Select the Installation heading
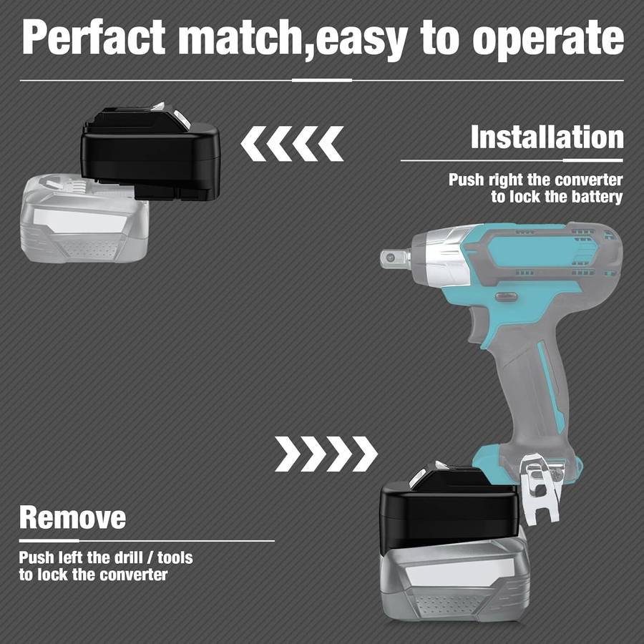pyautogui.click(x=547, y=137)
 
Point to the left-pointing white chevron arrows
pyautogui.click(x=292, y=143)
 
